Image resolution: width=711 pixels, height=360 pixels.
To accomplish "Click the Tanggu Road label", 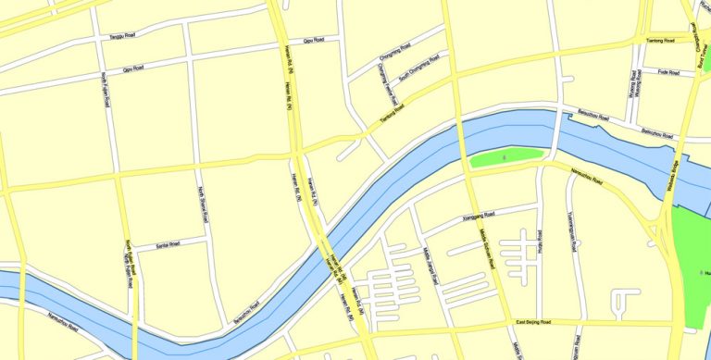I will tap(123, 36).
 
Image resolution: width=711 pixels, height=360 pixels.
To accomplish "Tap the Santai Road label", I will tap(168, 244).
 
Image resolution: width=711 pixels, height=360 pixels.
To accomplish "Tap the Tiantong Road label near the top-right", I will tap(660, 41).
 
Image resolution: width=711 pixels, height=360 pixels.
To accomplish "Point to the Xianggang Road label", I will tap(467, 219).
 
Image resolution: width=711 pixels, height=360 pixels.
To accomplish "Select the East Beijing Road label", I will tap(538, 321).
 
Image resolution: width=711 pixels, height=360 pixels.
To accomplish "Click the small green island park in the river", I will tap(505, 159).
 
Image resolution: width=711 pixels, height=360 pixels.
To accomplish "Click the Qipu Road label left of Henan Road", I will tap(133, 68).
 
